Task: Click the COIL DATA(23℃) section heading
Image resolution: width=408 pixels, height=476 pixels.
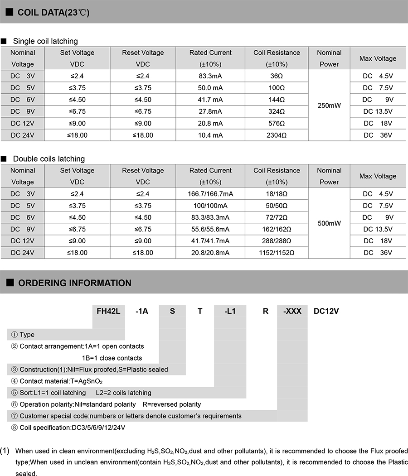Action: coord(53,12)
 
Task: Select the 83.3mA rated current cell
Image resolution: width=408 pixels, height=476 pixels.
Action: coord(210,76)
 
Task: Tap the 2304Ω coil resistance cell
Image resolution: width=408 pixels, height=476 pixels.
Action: coord(277,135)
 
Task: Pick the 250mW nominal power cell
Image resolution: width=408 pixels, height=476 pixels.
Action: coord(329,106)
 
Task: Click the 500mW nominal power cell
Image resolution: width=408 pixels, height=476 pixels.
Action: coord(329,223)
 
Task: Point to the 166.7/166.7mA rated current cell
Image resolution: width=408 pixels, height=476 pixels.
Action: coord(210,194)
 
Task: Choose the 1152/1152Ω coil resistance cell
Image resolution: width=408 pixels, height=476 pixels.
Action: coord(277,253)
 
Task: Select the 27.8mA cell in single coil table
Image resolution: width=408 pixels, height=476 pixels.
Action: coord(210,111)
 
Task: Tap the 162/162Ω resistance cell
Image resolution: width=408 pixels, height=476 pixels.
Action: coord(277,229)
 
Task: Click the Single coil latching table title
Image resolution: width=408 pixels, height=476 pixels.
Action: coord(45,41)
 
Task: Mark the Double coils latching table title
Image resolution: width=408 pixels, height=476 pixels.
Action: coord(49,159)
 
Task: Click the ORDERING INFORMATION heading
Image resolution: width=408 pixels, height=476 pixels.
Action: coord(74,283)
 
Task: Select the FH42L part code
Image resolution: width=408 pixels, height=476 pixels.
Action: coord(108,311)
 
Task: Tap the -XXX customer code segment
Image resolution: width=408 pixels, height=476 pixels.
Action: coord(292,311)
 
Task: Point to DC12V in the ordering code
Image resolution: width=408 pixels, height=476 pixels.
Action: coord(326,311)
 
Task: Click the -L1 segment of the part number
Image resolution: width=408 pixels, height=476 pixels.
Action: coord(230,311)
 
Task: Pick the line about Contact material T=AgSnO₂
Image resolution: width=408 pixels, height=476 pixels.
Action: coord(60,381)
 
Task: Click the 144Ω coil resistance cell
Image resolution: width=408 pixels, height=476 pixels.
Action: coord(277,100)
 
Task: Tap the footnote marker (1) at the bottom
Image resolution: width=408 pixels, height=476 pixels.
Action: coord(5,451)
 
